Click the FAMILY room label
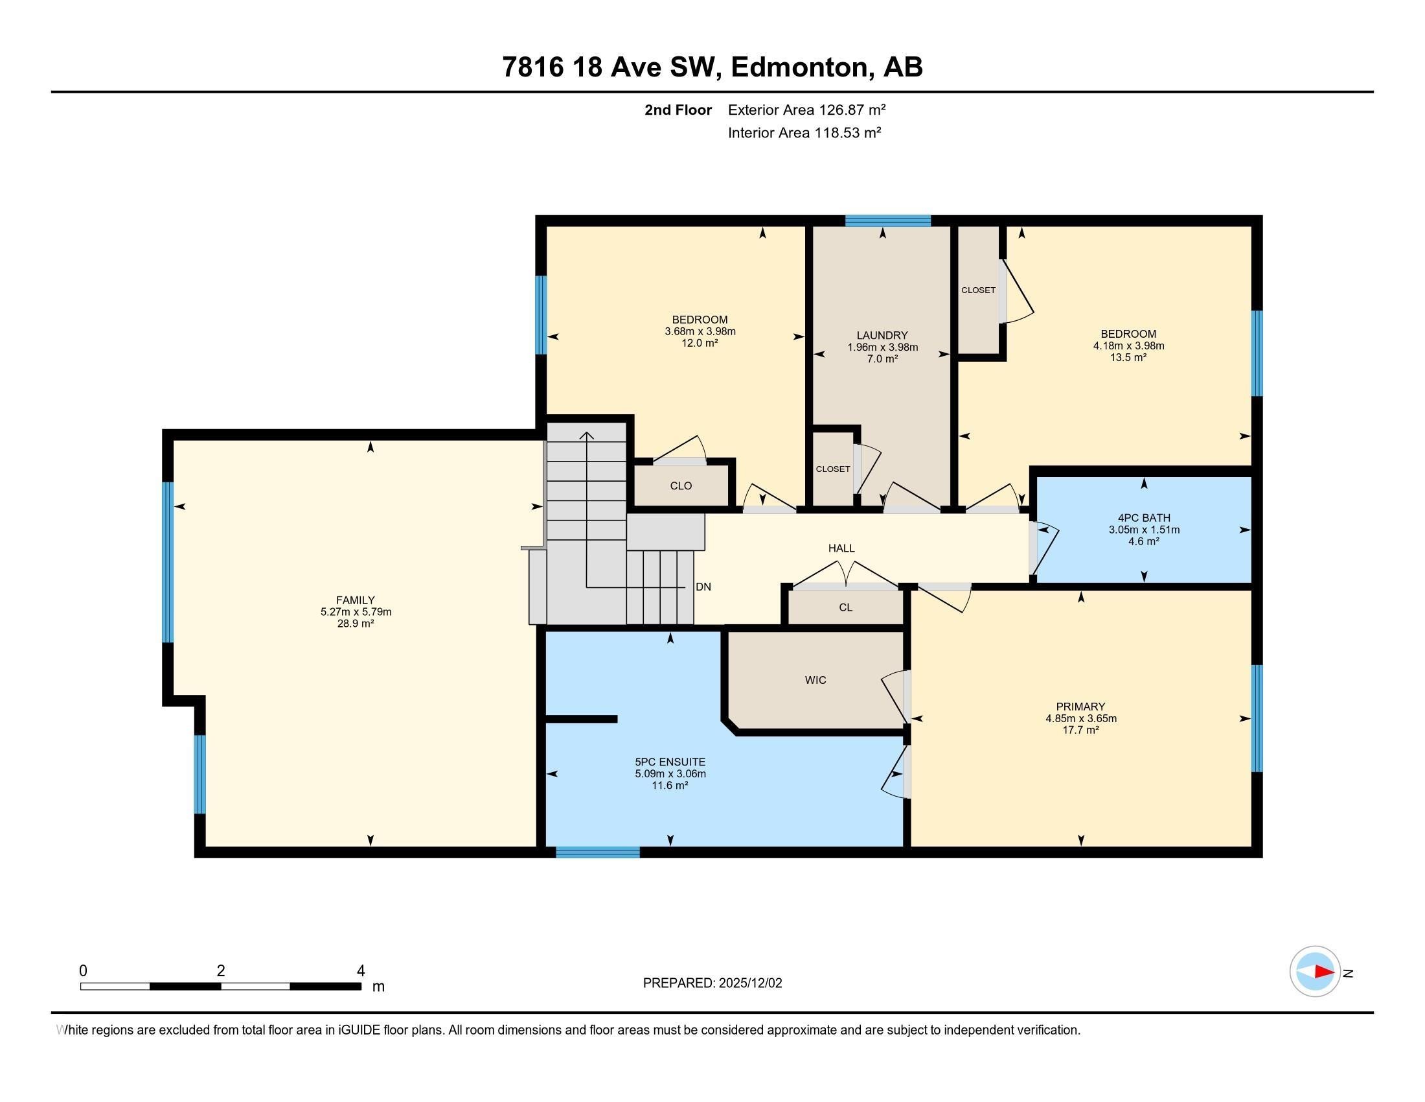click(x=355, y=600)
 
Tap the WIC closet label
click(x=815, y=680)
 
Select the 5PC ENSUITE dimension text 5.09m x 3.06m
click(x=670, y=773)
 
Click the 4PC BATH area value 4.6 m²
click(x=1143, y=541)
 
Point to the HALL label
click(x=841, y=548)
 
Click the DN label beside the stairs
click(x=703, y=587)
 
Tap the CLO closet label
click(x=681, y=486)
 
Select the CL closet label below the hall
click(x=845, y=607)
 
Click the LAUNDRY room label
click(x=882, y=336)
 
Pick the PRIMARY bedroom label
click(x=1080, y=707)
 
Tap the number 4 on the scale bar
click(x=360, y=971)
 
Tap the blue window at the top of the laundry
click(x=887, y=220)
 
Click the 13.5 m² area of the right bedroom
click(x=1128, y=358)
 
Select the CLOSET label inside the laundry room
click(x=832, y=469)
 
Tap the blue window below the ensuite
click(x=597, y=852)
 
